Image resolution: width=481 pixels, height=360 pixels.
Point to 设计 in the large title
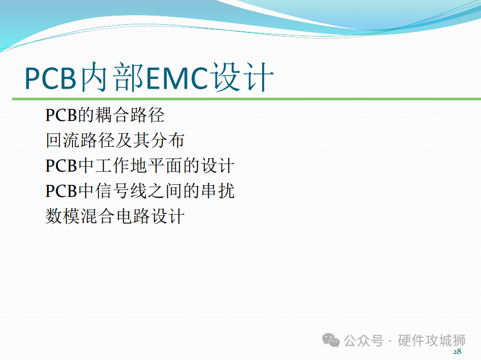[x=243, y=77]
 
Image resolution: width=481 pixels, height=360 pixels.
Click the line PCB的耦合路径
[x=104, y=115]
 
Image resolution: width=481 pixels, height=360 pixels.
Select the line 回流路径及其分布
[x=115, y=140]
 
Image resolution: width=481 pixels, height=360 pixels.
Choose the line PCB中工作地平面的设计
[x=140, y=166]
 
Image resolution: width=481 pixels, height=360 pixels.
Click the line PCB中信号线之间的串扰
[x=140, y=190]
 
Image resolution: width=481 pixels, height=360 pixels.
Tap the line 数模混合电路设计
[x=115, y=216]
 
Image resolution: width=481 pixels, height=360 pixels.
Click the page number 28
[x=457, y=351]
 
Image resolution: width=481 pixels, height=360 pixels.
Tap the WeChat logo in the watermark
[x=330, y=340]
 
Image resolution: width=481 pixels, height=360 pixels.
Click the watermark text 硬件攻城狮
[x=432, y=340]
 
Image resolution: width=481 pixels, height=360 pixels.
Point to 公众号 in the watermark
[x=364, y=340]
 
